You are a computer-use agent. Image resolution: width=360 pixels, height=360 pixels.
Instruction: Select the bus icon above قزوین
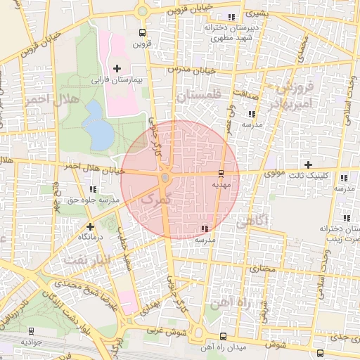click(143, 32)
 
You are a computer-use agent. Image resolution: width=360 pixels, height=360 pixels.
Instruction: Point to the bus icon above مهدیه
click(221, 173)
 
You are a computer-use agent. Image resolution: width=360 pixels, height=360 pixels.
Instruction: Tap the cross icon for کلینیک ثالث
click(308, 164)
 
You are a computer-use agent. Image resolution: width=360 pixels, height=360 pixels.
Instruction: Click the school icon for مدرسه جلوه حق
click(93, 189)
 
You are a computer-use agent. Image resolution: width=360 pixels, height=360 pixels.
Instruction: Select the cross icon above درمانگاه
click(90, 226)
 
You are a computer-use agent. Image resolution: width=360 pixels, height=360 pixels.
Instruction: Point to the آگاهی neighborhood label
click(251, 223)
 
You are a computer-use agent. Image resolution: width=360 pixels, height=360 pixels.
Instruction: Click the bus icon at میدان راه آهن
click(223, 336)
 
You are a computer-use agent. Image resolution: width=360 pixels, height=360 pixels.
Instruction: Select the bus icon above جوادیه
click(31, 330)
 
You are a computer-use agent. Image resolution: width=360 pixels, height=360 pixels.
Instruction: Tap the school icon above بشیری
click(231, 17)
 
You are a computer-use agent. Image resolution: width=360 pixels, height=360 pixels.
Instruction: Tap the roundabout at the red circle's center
click(165, 178)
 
